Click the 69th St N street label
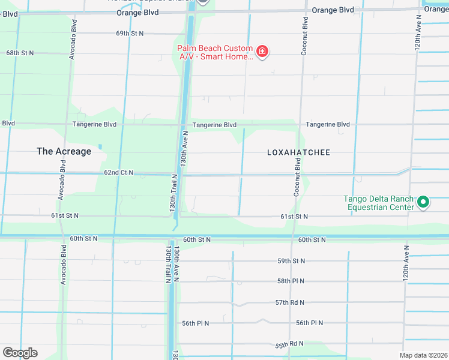[130, 33]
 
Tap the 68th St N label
[20, 53]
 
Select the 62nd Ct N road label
[118, 172]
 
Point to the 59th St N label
[291, 261]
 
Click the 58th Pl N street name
[291, 281]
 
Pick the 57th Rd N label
[290, 302]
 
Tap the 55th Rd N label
[289, 344]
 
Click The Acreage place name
[64, 151]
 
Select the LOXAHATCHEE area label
[298, 152]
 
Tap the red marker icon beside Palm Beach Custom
[262, 52]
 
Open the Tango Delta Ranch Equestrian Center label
[378, 203]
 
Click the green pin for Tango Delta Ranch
[423, 203]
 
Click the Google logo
[20, 353]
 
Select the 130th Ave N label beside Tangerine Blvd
[185, 149]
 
